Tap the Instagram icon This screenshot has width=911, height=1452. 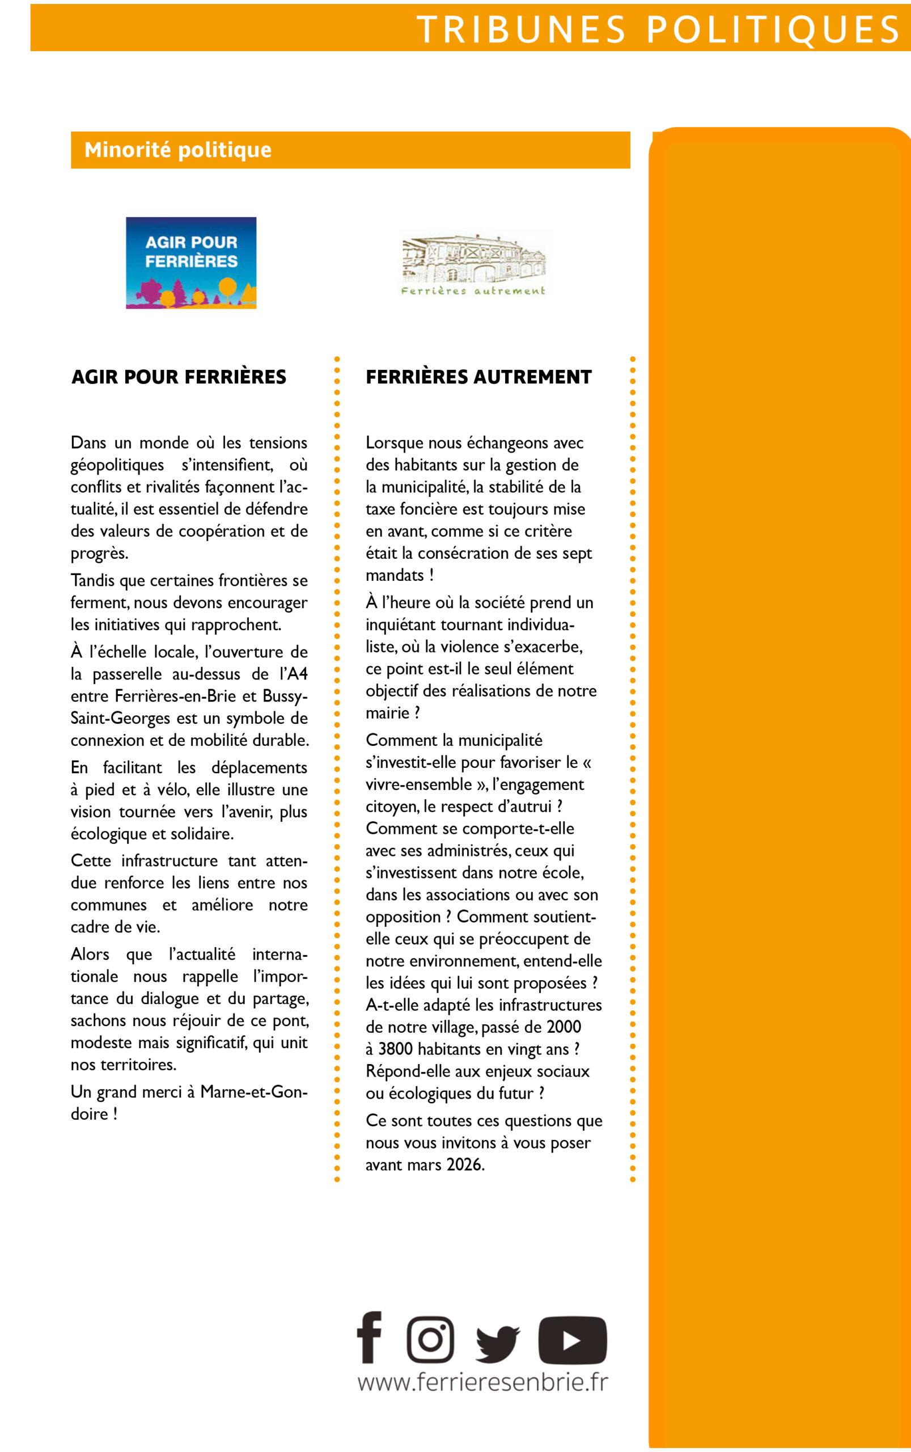430,1339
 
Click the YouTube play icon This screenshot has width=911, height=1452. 573,1340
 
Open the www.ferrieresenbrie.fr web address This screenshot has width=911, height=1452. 482,1382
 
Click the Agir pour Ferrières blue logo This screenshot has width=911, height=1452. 191,263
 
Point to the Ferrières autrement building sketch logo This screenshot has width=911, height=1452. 473,264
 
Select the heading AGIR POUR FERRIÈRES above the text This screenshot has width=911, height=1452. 179,377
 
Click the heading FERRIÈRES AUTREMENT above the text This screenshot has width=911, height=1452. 478,377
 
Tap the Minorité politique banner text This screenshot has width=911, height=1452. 178,150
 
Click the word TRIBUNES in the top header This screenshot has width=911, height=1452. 521,29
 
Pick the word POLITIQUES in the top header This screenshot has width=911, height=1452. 773,29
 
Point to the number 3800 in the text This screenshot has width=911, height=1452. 395,1049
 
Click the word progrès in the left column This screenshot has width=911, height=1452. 98,554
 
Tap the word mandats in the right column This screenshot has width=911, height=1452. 395,575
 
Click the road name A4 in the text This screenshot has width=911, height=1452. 297,674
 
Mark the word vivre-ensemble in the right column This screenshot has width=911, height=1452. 419,784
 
